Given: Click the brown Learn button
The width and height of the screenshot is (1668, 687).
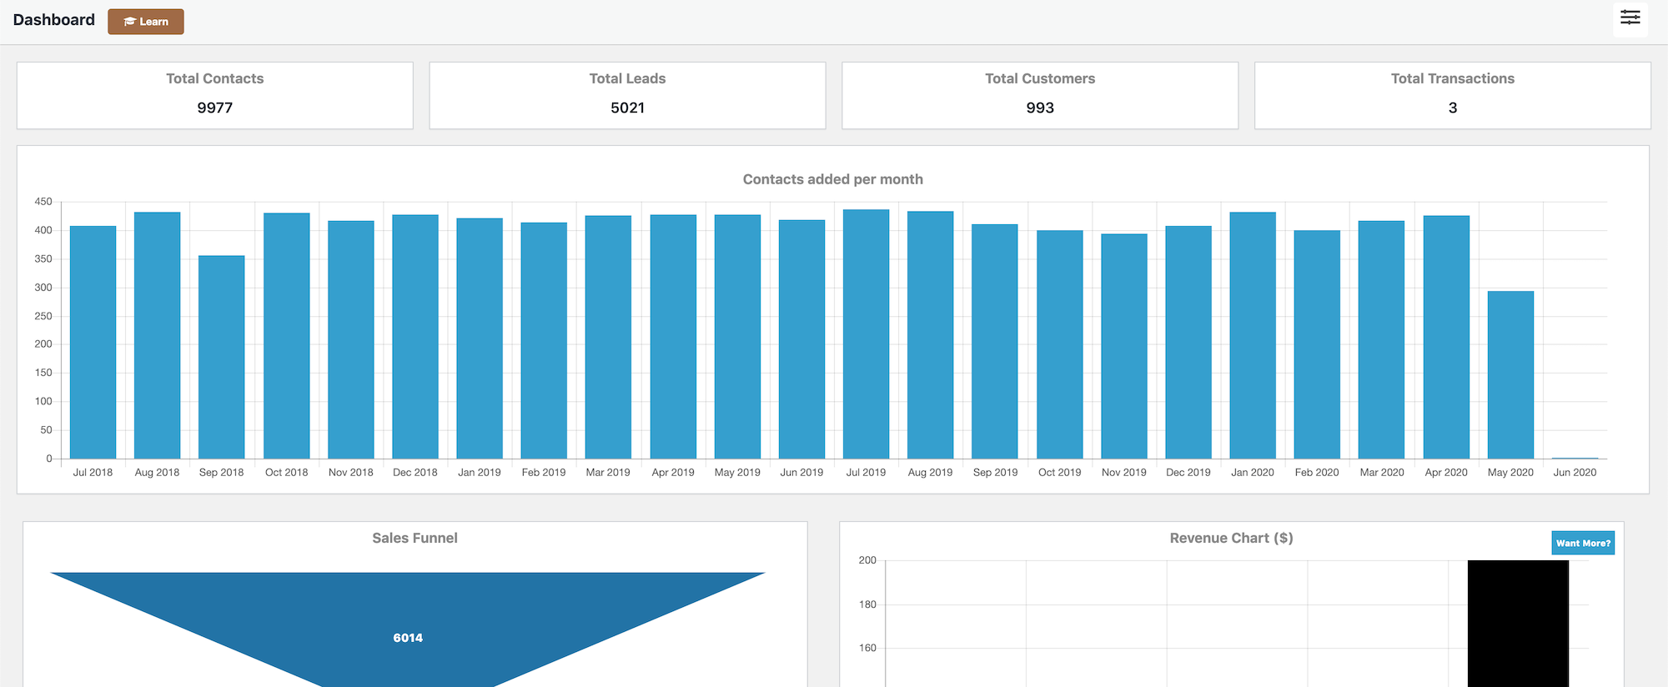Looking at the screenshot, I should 146,22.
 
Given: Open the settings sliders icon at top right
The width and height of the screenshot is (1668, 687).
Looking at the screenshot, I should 1630,18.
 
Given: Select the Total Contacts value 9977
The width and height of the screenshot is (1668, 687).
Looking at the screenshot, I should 214,108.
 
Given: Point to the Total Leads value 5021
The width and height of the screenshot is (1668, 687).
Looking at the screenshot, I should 627,108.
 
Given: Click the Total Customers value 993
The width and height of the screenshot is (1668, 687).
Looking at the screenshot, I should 1040,108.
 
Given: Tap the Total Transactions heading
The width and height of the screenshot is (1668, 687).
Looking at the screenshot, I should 1452,78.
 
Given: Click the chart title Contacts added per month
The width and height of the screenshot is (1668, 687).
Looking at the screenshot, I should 832,179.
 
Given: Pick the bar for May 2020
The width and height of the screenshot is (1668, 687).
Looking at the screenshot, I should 1510,374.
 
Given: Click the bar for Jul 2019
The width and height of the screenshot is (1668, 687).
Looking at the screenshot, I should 866,333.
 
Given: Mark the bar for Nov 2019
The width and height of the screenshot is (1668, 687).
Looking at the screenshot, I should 1123,346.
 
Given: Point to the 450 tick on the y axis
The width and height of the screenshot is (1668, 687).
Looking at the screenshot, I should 43,202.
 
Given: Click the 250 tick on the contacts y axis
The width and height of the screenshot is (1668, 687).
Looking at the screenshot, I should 43,316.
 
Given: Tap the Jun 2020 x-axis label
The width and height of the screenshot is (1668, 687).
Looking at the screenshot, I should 1575,472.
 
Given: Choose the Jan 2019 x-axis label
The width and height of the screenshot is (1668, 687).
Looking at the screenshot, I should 480,472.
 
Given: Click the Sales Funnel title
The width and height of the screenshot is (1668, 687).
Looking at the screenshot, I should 414,538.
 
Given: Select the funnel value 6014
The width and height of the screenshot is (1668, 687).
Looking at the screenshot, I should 408,638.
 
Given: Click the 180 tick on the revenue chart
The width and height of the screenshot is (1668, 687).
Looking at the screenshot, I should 867,604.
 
